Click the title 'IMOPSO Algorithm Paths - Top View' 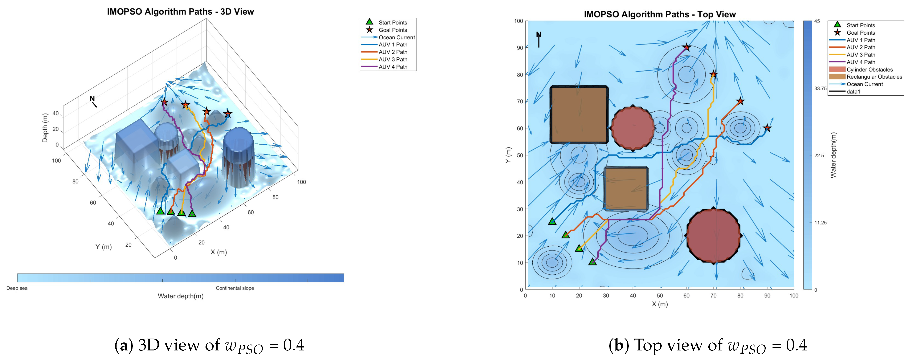[x=660, y=15]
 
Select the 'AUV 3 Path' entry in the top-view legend [x=861, y=55]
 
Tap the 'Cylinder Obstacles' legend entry [x=869, y=70]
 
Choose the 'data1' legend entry [x=853, y=92]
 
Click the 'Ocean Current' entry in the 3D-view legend [x=396, y=37]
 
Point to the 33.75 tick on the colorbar [x=820, y=88]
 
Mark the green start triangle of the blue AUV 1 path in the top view [x=552, y=222]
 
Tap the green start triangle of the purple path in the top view [x=592, y=262]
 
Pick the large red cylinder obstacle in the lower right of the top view [x=714, y=235]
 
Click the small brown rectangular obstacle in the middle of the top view [x=626, y=189]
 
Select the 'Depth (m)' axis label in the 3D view [x=45, y=128]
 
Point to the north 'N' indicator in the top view [x=538, y=35]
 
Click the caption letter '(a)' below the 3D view [x=124, y=345]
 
